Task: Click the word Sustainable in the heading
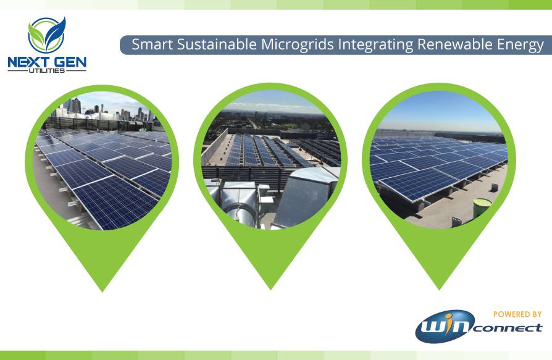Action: tap(217, 44)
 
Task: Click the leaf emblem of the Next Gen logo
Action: tap(47, 35)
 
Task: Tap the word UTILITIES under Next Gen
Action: tap(46, 70)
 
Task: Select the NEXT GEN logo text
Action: tap(47, 62)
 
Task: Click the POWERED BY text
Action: tap(517, 314)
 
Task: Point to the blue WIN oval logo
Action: tap(445, 326)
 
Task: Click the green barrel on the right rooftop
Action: tap(482, 207)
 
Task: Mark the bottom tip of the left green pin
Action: tap(102, 291)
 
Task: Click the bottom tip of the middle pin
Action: tap(270, 289)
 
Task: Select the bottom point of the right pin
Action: tap(439, 289)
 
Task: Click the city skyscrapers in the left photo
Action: tap(106, 109)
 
